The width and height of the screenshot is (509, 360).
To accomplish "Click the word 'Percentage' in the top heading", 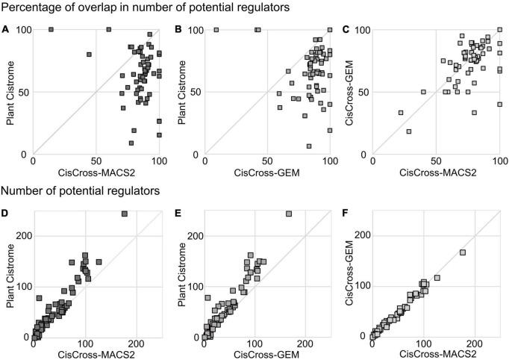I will tap(34, 8).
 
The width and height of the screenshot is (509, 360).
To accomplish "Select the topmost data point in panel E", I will tap(289, 214).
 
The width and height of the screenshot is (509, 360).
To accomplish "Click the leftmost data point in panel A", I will tap(51, 29).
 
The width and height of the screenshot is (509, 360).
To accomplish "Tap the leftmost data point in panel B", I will tap(216, 30).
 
